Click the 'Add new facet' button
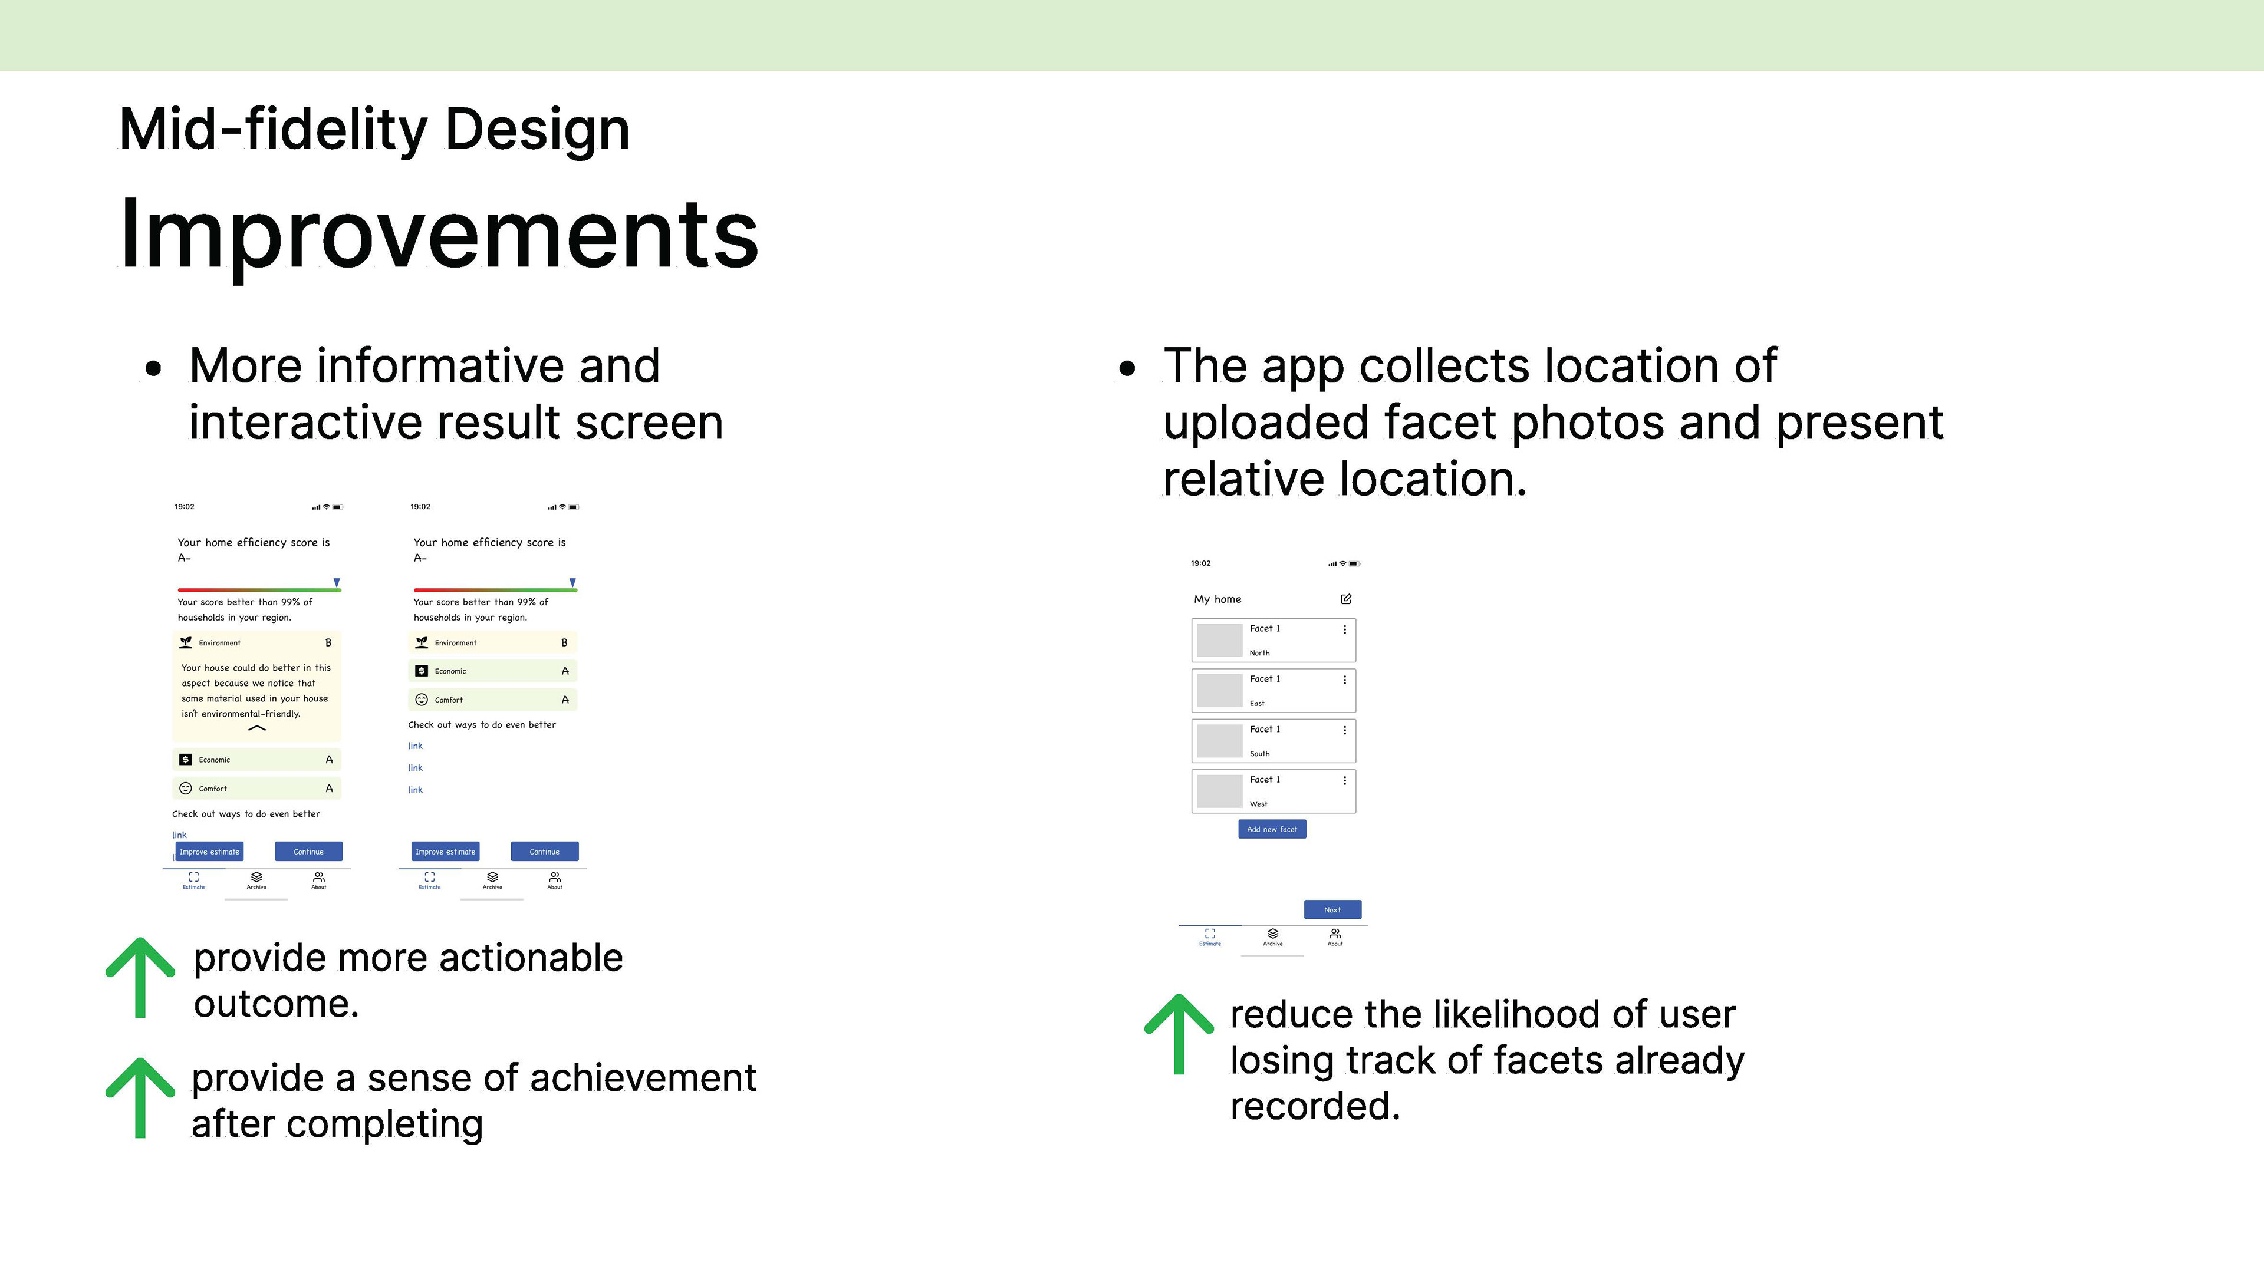tap(1272, 829)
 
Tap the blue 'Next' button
tap(1332, 910)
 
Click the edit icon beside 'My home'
tap(1345, 599)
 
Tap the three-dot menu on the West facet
tap(1345, 780)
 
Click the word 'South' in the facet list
tap(1259, 754)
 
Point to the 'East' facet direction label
tap(1257, 704)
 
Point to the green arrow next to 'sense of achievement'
tap(140, 1098)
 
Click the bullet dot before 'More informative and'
tap(154, 370)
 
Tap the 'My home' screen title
tap(1217, 599)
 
